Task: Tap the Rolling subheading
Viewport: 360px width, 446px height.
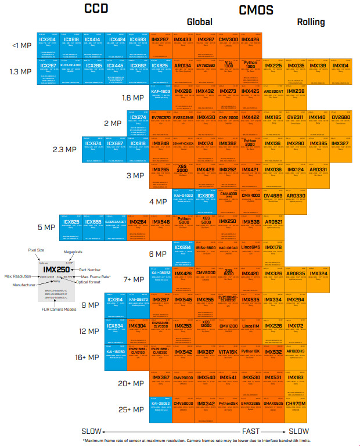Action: (x=311, y=23)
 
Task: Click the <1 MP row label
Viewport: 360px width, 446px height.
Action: (x=22, y=45)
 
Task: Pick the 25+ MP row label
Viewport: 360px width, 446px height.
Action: (x=131, y=409)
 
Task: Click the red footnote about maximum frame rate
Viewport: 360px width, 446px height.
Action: (x=197, y=440)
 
